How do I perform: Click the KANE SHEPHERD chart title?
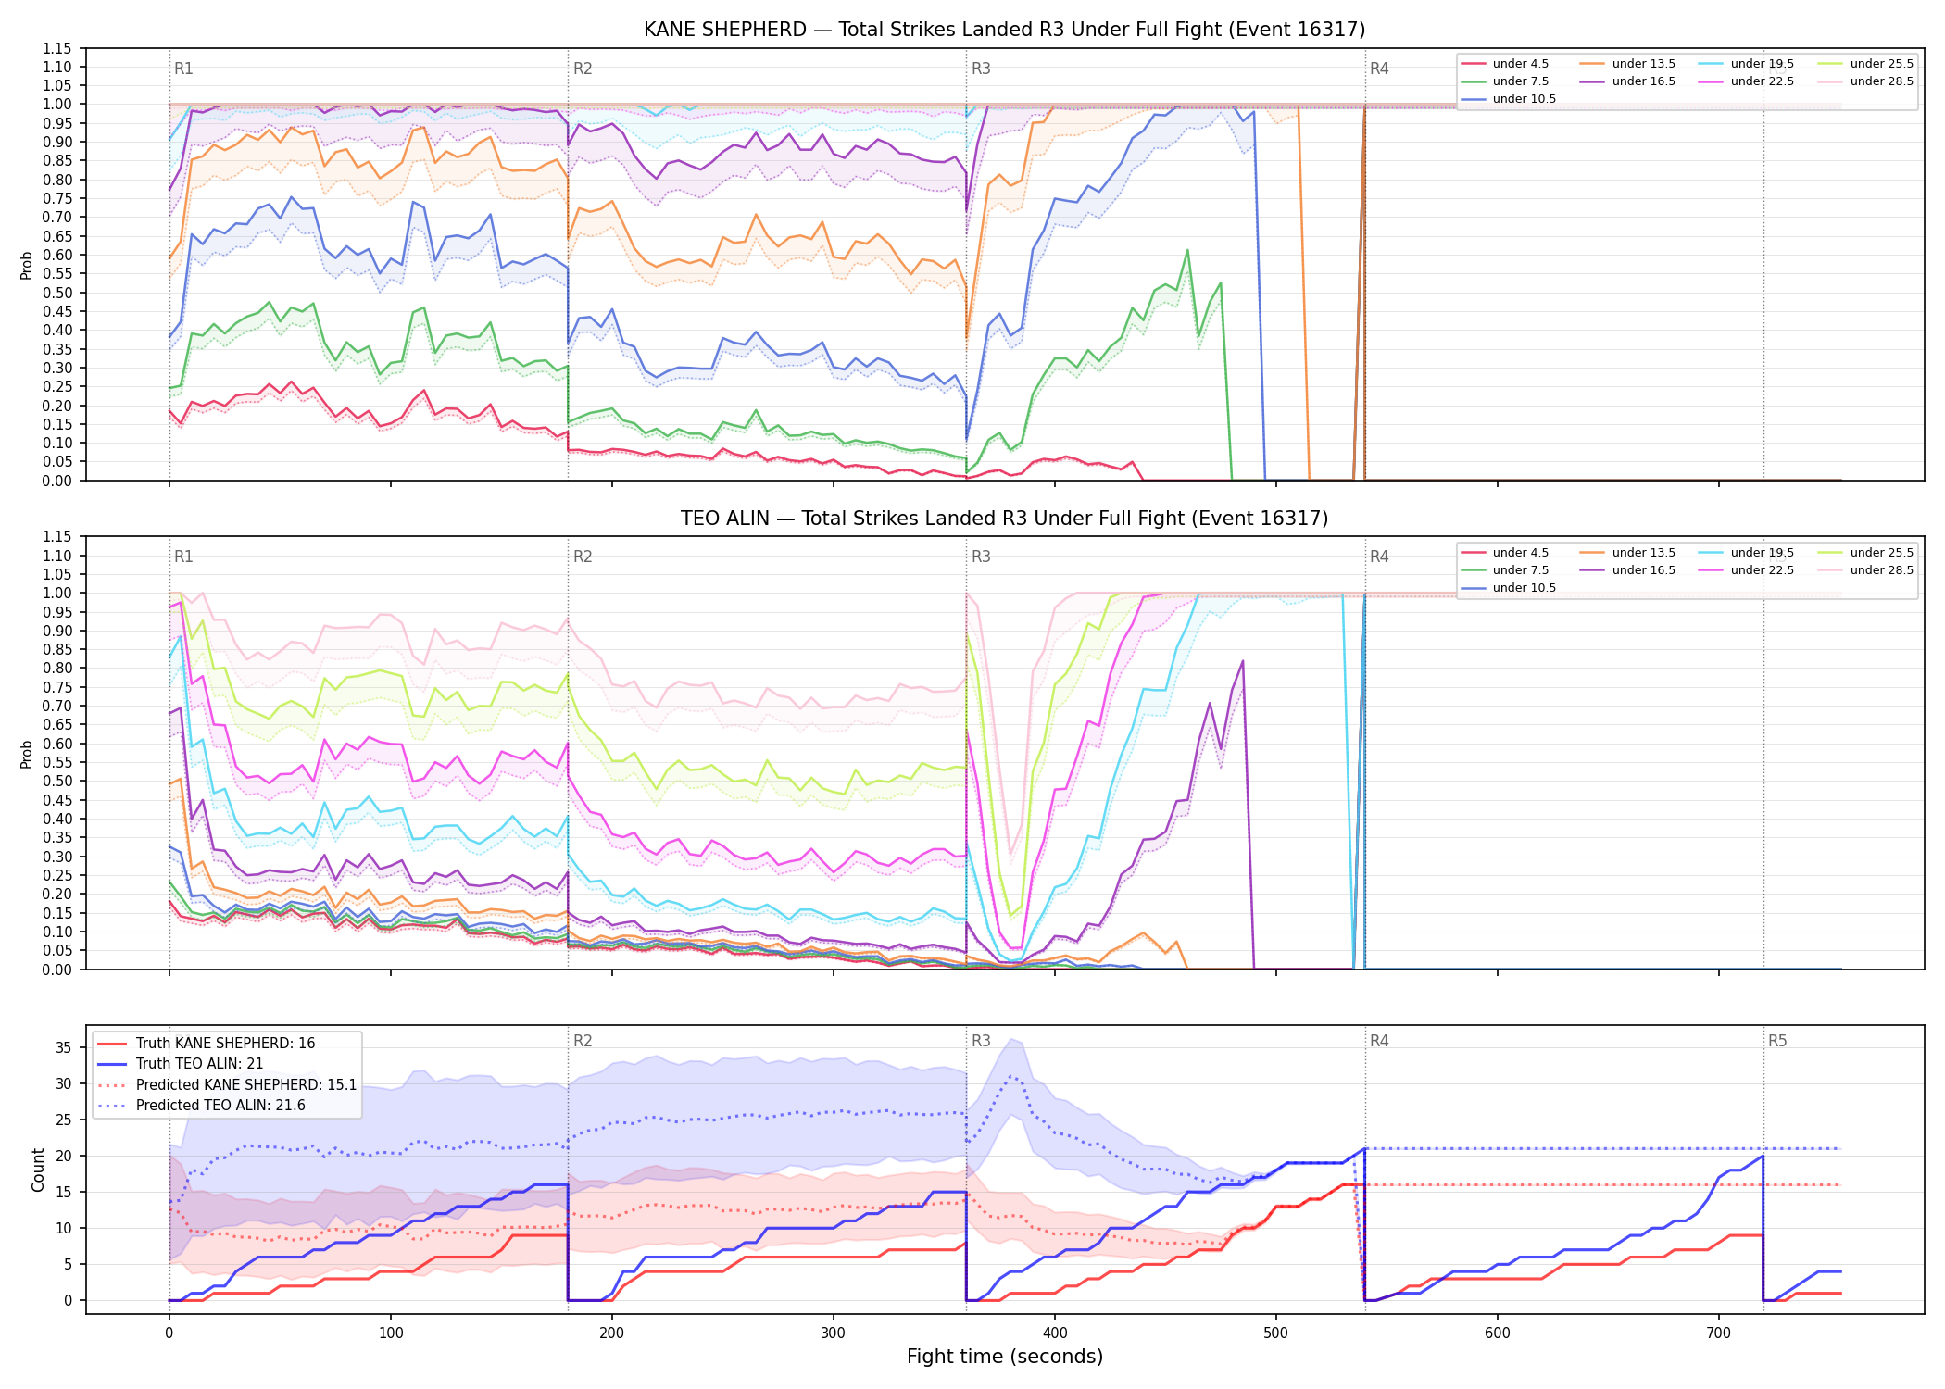[x=1004, y=30]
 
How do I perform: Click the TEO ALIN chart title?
[x=1004, y=519]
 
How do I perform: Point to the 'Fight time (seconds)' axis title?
[x=1005, y=1357]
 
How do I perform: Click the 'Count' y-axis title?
[x=38, y=1170]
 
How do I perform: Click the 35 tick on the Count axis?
[x=64, y=1048]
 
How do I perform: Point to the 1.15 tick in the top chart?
[x=56, y=49]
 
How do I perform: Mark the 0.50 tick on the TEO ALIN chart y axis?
[x=56, y=782]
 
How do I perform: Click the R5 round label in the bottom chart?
[x=1777, y=1042]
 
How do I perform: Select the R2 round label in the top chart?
[x=583, y=69]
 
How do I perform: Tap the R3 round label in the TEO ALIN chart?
[x=981, y=557]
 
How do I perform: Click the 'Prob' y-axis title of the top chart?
[x=27, y=266]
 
